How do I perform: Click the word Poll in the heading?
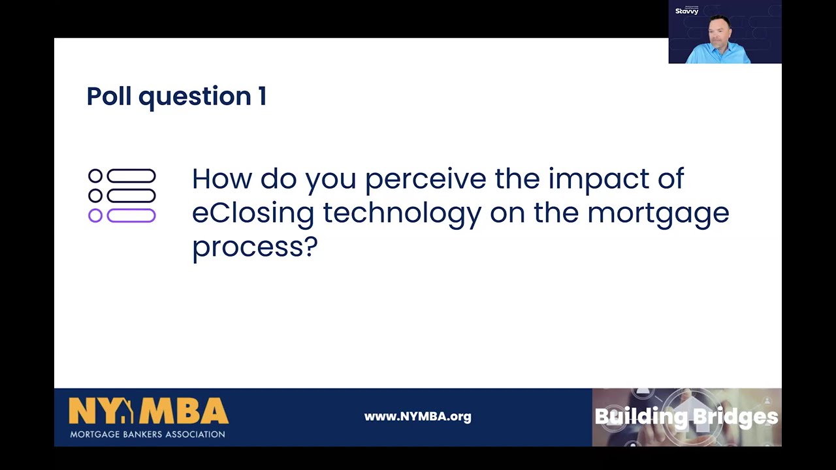tap(108, 96)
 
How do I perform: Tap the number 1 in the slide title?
tap(262, 96)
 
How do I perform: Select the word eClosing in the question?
tap(253, 213)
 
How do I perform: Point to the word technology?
tap(402, 213)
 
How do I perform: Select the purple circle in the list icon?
tap(95, 215)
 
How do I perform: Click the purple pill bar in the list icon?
tap(131, 215)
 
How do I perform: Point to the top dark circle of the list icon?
tap(95, 176)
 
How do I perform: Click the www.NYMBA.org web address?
tap(417, 416)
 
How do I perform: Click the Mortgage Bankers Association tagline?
tap(148, 434)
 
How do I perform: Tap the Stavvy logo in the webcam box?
tap(686, 11)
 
